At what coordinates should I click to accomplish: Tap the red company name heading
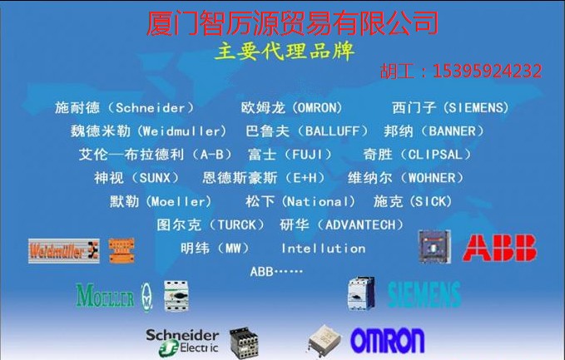tap(292, 21)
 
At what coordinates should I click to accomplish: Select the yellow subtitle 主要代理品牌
tap(285, 51)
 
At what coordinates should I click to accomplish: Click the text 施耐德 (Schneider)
tap(125, 108)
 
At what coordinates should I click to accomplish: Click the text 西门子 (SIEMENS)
tap(450, 108)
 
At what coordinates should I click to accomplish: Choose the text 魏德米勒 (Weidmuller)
tap(148, 131)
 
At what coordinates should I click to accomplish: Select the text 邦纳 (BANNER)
tap(434, 131)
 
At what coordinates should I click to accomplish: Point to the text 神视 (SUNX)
tap(136, 178)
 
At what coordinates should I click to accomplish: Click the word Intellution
tap(323, 249)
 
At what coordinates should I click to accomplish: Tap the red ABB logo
tap(500, 248)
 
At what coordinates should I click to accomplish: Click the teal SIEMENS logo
tap(424, 293)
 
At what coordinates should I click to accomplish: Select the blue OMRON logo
tap(387, 340)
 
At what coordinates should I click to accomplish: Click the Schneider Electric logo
tap(182, 340)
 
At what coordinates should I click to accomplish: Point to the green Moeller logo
tap(105, 295)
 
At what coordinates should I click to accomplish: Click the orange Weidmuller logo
tap(63, 250)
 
